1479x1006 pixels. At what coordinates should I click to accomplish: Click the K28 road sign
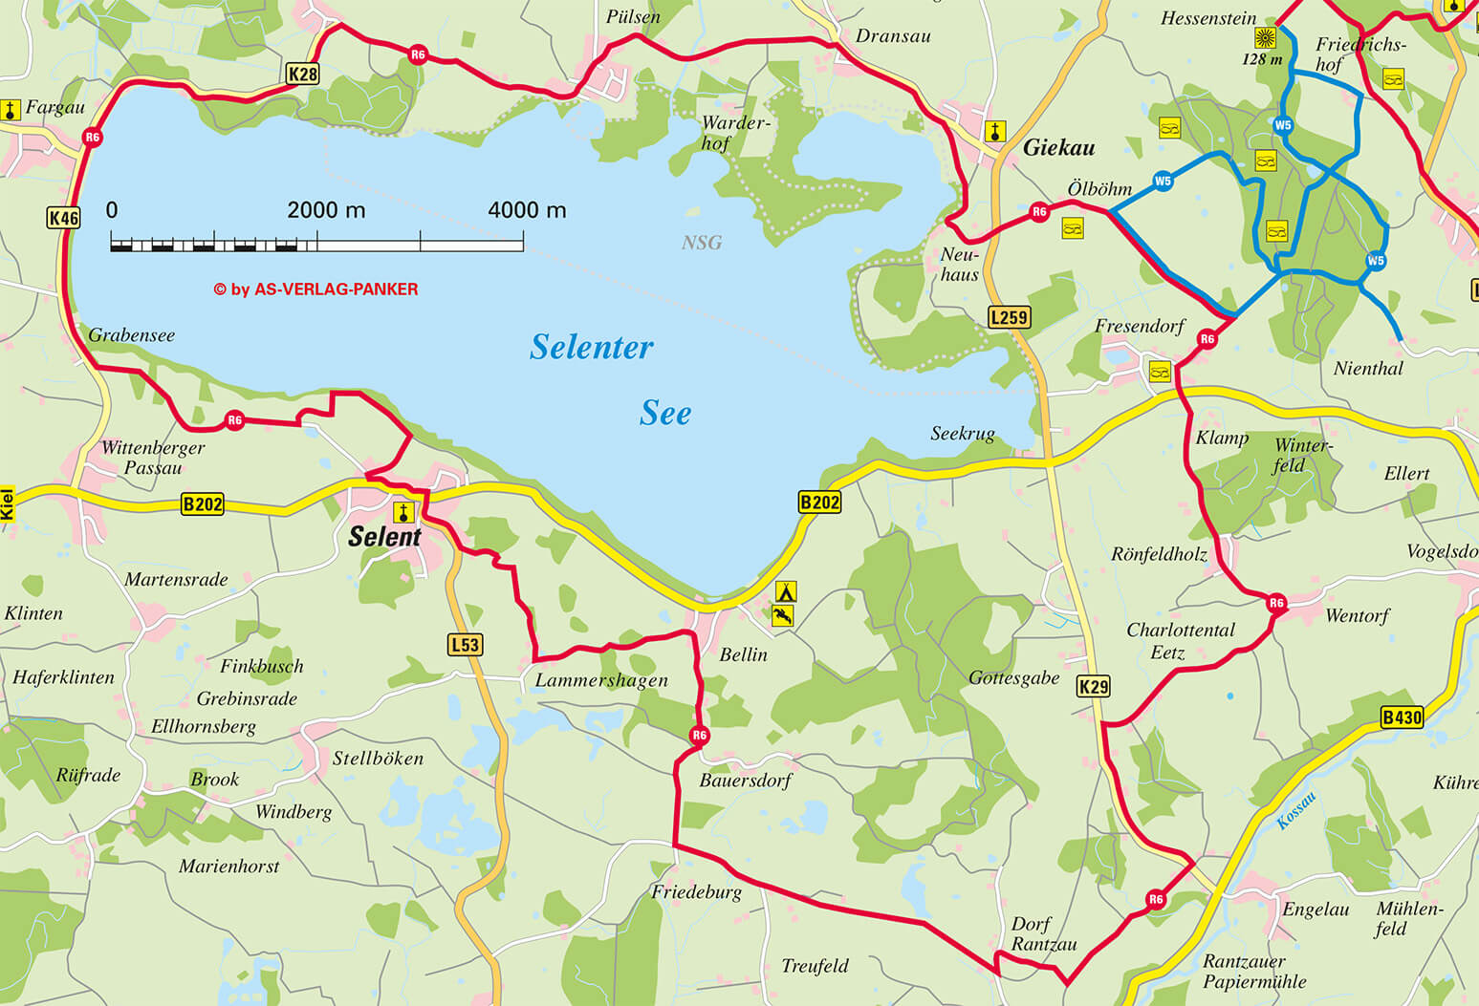tap(302, 74)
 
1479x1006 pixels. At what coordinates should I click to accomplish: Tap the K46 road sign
tap(64, 218)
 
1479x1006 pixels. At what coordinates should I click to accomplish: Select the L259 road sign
tap(1009, 317)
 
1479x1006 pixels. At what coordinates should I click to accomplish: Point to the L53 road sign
tap(465, 645)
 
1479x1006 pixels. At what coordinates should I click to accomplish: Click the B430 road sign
tap(1402, 717)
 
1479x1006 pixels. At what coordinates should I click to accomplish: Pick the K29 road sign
tap(1094, 686)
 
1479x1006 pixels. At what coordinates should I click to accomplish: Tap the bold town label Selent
tap(384, 537)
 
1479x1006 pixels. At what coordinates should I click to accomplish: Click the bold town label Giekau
tap(1058, 147)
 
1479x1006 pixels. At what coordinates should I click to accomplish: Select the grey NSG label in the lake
tap(701, 243)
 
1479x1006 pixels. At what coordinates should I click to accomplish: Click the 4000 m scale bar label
tap(527, 210)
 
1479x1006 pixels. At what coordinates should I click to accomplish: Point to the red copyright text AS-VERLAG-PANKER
tap(315, 289)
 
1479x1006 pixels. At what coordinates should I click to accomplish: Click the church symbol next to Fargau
tap(11, 109)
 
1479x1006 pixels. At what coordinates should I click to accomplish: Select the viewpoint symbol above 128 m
tap(1265, 38)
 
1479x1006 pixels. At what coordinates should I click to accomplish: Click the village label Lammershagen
tap(600, 680)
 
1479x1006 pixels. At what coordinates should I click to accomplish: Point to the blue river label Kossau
tap(1296, 810)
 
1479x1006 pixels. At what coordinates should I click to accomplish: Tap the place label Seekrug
tap(963, 434)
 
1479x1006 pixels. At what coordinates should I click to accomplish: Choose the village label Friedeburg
tap(696, 892)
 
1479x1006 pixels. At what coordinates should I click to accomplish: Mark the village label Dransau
tap(893, 36)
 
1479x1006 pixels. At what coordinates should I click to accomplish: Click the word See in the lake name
tap(665, 413)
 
